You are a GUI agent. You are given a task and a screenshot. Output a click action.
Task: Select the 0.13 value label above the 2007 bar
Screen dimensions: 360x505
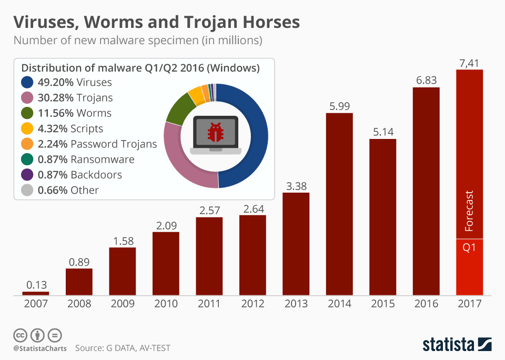(x=35, y=285)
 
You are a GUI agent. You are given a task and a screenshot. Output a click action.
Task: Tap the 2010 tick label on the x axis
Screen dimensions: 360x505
(x=166, y=304)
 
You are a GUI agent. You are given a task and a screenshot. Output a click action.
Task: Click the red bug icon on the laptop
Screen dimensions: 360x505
(x=216, y=133)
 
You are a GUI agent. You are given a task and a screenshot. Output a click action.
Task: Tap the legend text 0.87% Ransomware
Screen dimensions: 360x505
(x=86, y=159)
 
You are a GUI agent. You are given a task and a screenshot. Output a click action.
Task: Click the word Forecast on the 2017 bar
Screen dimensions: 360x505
(x=470, y=211)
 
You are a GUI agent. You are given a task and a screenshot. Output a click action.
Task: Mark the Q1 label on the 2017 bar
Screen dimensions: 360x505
(x=469, y=246)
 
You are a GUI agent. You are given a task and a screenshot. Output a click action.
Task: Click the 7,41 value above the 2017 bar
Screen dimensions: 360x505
(x=469, y=64)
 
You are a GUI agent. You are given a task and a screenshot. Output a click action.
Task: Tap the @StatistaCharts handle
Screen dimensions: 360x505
(x=40, y=348)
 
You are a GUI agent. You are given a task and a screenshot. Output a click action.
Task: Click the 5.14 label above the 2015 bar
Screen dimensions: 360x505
(x=382, y=132)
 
